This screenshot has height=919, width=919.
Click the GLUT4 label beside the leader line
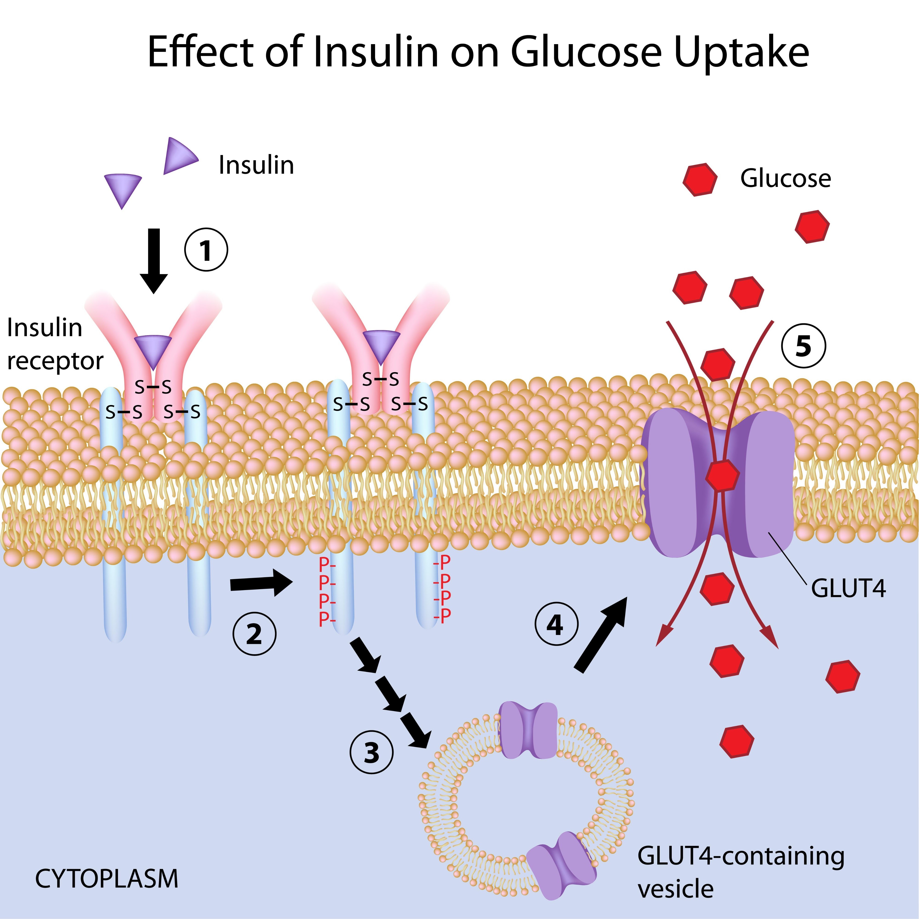click(849, 588)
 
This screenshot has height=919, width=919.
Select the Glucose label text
click(785, 178)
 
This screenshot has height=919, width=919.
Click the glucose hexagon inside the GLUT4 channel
click(722, 475)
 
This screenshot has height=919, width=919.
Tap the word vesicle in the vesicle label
click(675, 889)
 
